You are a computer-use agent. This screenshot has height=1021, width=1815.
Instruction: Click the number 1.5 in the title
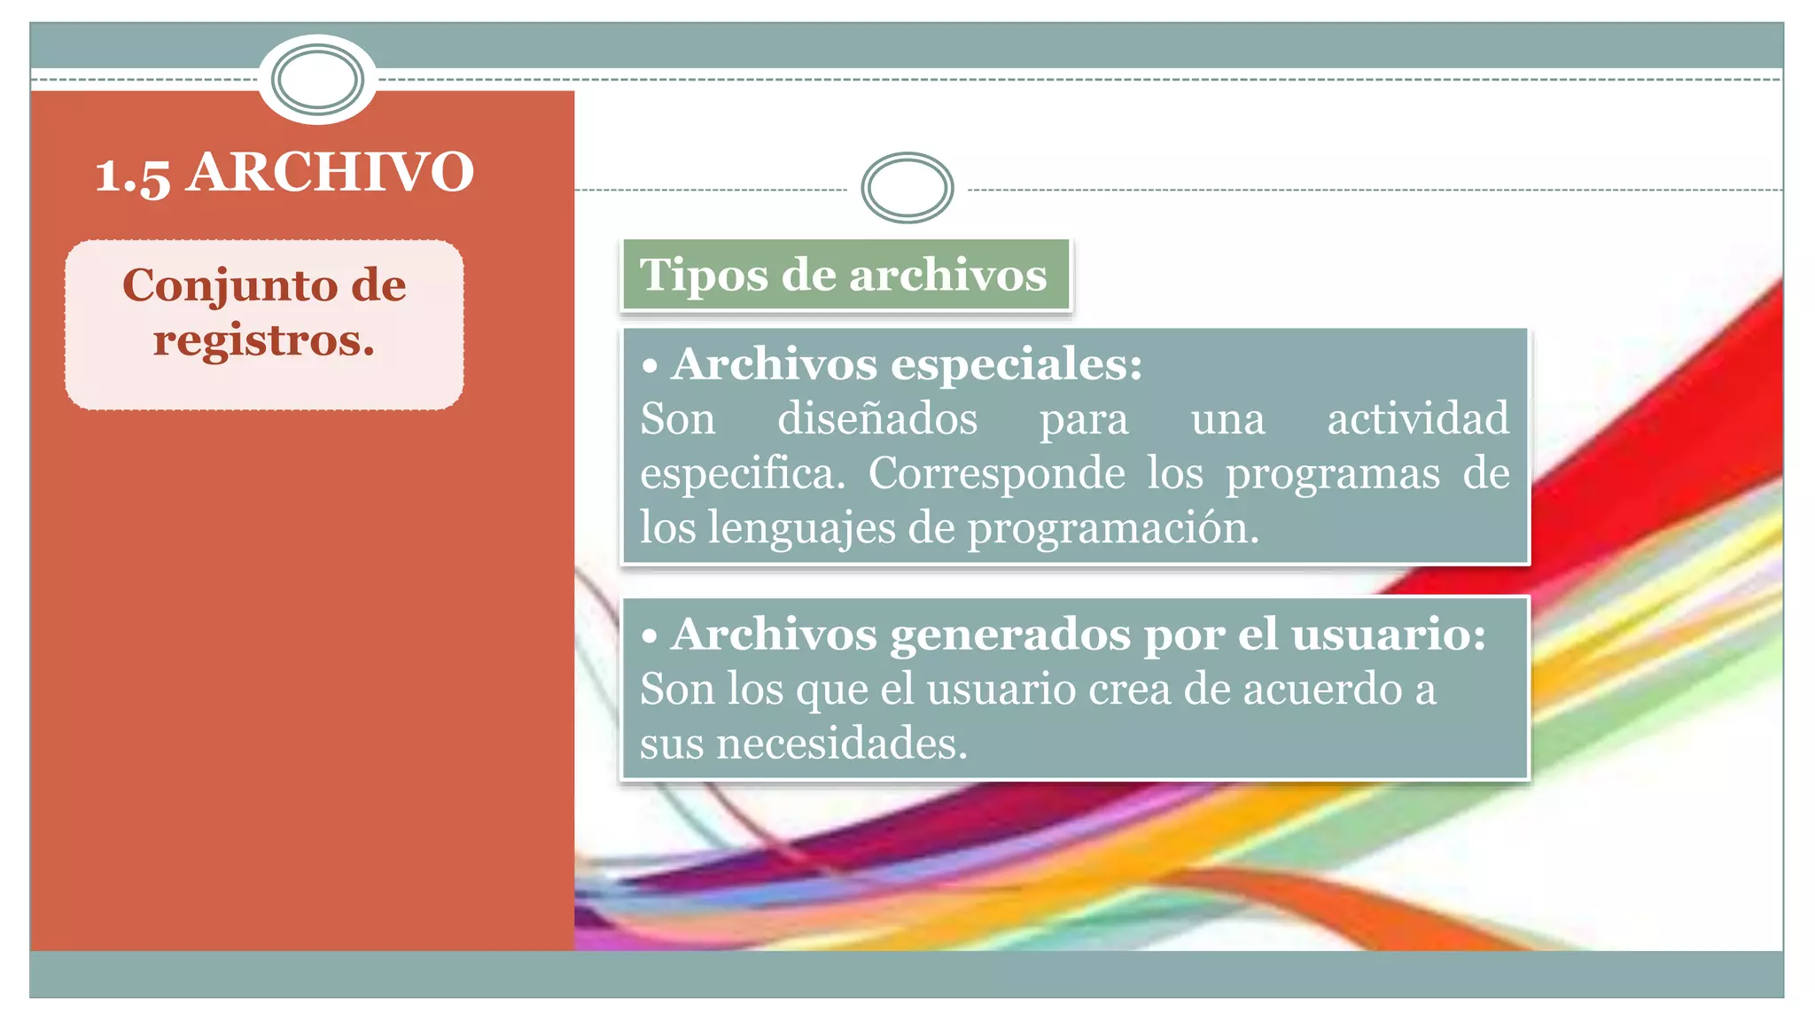tap(132, 174)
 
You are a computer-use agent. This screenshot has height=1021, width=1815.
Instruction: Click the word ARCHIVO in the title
tap(331, 172)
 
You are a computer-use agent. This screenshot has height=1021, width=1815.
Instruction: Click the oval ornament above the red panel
tap(317, 80)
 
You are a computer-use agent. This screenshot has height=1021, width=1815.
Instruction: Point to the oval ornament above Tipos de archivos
tap(907, 188)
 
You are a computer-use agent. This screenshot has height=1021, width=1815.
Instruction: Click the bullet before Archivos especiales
tap(650, 366)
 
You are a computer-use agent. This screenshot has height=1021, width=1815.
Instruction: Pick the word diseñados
tap(876, 418)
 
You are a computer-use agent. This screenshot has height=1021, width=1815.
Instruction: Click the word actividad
tap(1417, 418)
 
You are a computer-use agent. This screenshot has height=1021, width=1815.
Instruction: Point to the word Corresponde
tap(996, 473)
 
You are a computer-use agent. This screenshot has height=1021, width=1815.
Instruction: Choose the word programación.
tap(1112, 528)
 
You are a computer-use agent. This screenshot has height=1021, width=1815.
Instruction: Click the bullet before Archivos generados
tap(650, 636)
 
